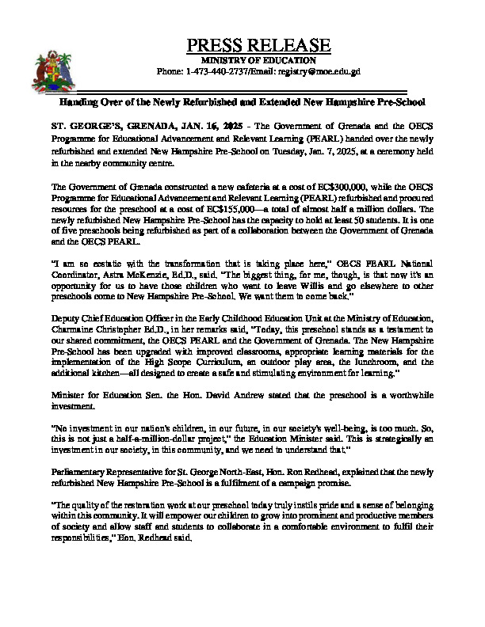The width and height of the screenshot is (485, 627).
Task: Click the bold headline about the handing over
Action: coord(242,103)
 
